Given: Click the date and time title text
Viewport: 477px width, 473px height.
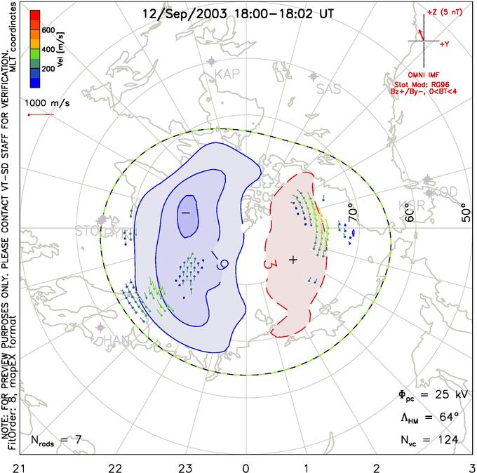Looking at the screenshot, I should point(238,13).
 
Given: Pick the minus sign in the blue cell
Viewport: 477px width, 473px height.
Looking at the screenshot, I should point(186,211).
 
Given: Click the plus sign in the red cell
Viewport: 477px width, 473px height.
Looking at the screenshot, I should point(293,260).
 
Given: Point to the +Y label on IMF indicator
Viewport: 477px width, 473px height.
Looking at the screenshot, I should point(444,44).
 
